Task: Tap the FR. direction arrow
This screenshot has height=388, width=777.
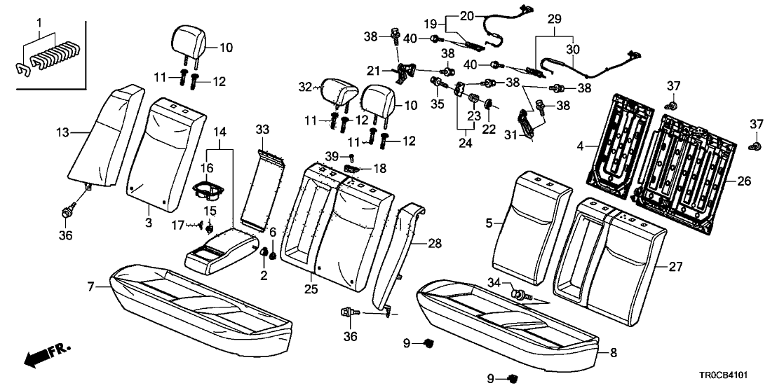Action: (42, 355)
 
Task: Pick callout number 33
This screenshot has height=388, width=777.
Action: (262, 130)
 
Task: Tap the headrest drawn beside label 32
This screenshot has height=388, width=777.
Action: (339, 92)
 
